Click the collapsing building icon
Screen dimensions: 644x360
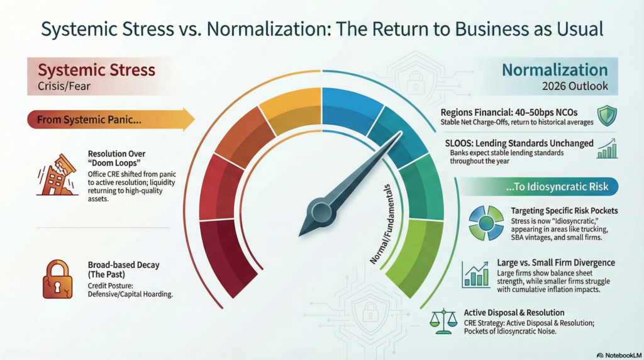[57, 175]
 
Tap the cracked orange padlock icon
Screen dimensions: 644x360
[57, 279]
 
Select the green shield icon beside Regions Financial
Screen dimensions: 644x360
[607, 116]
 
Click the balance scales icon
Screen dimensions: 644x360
[443, 322]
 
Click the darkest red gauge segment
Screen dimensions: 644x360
[227, 257]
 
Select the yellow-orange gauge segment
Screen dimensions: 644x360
[291, 110]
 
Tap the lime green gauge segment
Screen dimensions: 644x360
[415, 257]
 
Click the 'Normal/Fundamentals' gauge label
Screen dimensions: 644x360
[382, 224]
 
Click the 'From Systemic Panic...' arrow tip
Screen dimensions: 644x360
[194, 120]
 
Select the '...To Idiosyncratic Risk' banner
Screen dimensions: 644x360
[538, 187]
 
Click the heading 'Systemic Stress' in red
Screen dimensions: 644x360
[96, 70]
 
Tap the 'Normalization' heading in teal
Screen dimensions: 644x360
[555, 70]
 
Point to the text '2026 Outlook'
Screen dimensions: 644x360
[575, 86]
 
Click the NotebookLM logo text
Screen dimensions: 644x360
[619, 356]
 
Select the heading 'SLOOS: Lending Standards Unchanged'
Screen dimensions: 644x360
[519, 143]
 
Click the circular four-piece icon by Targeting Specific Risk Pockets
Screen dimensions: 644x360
[486, 223]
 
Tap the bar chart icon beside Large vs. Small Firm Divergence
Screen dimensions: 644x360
[475, 274]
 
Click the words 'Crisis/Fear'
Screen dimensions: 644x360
[64, 86]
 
